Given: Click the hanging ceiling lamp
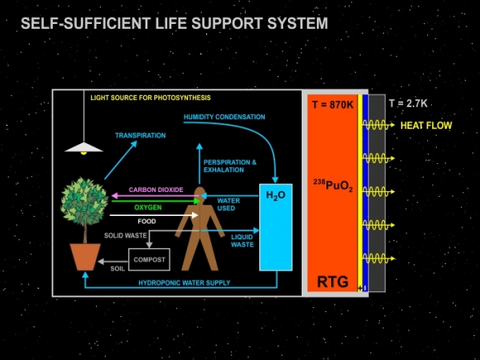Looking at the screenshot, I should (x=85, y=146).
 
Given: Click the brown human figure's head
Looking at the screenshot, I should (x=199, y=194).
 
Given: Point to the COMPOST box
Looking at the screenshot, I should (x=150, y=260).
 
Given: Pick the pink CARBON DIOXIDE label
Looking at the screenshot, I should (x=156, y=190).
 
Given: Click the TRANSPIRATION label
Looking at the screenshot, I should (x=140, y=136).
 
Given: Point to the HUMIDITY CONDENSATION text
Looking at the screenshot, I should (x=224, y=118).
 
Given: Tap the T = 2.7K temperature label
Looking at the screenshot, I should (x=407, y=103).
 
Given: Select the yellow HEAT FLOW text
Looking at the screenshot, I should (x=426, y=126).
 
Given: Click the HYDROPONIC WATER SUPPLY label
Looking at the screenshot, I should (x=184, y=283).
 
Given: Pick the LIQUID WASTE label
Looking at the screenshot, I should (x=242, y=241).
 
